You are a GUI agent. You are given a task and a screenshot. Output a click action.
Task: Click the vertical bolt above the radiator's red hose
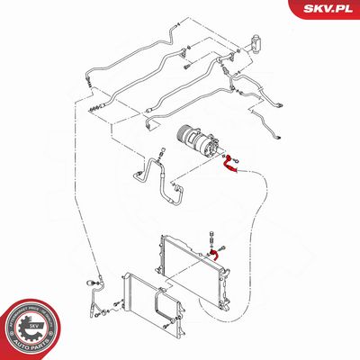(x=215, y=236)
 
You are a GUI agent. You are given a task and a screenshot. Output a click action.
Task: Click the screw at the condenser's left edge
(x=107, y=314)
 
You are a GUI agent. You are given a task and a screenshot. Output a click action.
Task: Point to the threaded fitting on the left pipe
(x=98, y=106)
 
